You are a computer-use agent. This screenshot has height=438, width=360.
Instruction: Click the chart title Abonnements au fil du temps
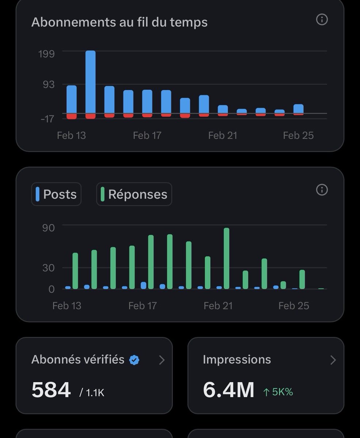click(119, 22)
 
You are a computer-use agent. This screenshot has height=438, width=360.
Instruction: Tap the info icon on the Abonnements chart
click(322, 19)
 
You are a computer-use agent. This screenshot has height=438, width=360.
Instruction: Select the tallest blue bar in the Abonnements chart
click(91, 82)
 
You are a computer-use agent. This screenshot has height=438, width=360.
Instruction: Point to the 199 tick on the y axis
click(46, 54)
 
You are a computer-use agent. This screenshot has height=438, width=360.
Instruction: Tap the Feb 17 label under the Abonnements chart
click(147, 135)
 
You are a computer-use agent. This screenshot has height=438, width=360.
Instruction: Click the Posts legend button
click(56, 194)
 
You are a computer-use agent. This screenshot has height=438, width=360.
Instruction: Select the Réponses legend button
click(134, 194)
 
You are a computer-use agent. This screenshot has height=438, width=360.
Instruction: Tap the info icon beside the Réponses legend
click(322, 190)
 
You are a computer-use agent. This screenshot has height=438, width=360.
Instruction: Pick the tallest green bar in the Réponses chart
click(226, 258)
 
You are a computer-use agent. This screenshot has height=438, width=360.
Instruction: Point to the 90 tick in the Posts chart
click(49, 228)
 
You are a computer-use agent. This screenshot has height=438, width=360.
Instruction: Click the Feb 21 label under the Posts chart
click(218, 306)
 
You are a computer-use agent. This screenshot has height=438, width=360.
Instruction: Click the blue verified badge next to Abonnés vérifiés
click(134, 360)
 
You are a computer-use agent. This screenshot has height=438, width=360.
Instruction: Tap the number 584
click(51, 389)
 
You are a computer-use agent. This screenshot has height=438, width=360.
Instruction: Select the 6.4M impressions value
click(229, 389)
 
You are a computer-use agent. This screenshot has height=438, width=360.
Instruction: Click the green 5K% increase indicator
click(278, 392)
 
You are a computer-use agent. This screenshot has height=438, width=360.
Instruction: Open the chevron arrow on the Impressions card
click(333, 360)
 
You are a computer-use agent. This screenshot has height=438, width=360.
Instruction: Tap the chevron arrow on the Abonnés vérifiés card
click(162, 360)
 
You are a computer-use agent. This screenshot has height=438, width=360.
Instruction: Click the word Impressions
click(237, 360)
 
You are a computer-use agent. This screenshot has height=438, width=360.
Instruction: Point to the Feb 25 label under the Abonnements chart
click(298, 135)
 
